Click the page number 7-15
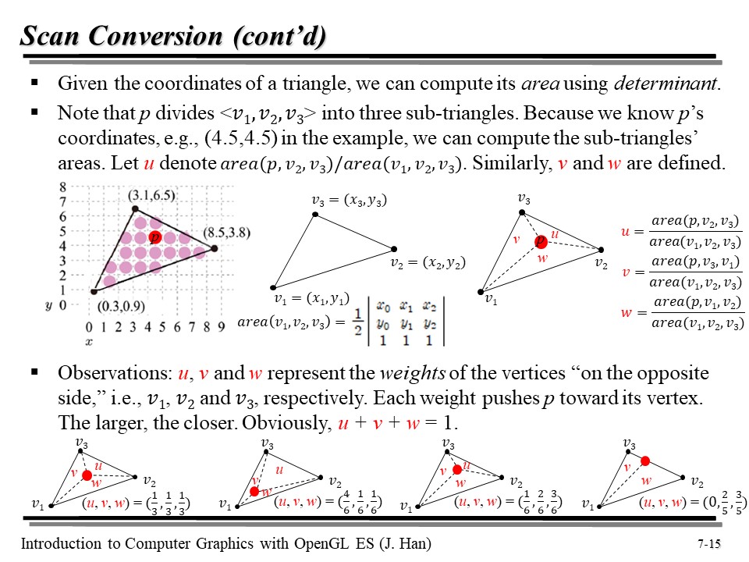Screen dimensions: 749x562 (706, 543)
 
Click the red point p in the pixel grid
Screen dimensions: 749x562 (155, 237)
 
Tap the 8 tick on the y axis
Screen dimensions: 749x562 (63, 187)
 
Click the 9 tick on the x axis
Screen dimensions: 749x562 (222, 326)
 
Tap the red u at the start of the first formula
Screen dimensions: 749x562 (625, 232)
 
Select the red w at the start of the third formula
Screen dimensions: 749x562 (626, 312)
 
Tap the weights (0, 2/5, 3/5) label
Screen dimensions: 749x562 (691, 503)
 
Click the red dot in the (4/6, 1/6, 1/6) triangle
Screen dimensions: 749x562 (254, 491)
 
